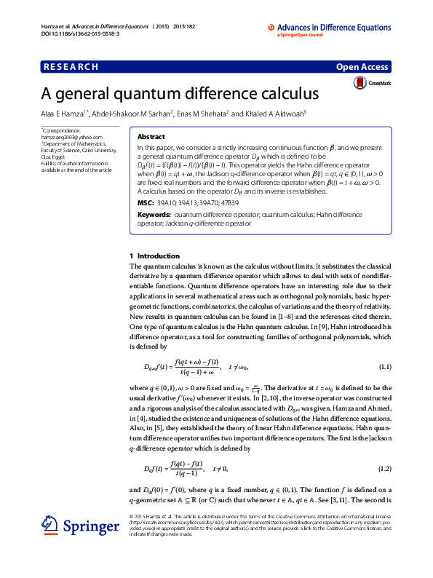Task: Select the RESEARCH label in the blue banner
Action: coord(71,67)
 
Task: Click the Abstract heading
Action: coord(151,136)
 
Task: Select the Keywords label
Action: coord(155,215)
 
